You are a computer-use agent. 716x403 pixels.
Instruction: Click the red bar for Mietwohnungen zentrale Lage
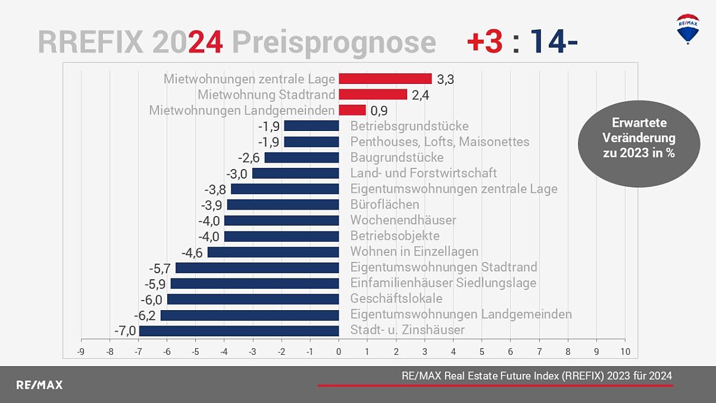pyautogui.click(x=385, y=79)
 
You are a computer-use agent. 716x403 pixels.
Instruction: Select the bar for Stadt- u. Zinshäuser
pyautogui.click(x=239, y=330)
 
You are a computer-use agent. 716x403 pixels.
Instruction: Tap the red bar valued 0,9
pyautogui.click(x=352, y=110)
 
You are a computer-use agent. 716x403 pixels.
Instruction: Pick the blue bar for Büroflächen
pyautogui.click(x=283, y=205)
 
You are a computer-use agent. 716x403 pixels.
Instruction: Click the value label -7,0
pyautogui.click(x=125, y=330)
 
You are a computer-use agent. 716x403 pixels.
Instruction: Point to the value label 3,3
pyautogui.click(x=445, y=79)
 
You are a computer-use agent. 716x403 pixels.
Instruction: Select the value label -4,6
pyautogui.click(x=192, y=252)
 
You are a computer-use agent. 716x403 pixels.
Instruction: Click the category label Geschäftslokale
pyautogui.click(x=396, y=299)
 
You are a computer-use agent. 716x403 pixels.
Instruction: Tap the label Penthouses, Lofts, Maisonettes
pyautogui.click(x=439, y=142)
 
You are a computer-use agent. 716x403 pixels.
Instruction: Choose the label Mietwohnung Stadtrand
pyautogui.click(x=266, y=95)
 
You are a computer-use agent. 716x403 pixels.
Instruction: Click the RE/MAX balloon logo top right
pyautogui.click(x=687, y=29)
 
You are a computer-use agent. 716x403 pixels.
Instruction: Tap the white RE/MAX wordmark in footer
pyautogui.click(x=39, y=385)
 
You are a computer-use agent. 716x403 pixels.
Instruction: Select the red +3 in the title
pyautogui.click(x=485, y=42)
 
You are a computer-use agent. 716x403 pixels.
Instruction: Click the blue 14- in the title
pyautogui.click(x=554, y=42)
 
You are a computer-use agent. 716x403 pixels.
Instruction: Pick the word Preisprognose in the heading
pyautogui.click(x=333, y=43)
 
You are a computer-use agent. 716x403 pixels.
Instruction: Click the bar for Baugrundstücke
pyautogui.click(x=301, y=158)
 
